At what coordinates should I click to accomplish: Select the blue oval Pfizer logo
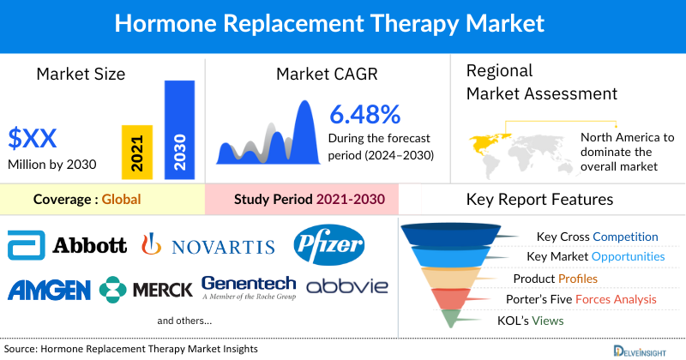coord(329,245)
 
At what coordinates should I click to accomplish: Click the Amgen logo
coord(48,289)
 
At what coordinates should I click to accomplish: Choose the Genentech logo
coord(249,287)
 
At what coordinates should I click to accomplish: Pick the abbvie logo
coord(346,286)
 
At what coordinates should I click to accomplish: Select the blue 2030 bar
coord(179,129)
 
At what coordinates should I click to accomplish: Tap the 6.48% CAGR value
coord(365,114)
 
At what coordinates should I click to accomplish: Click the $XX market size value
coord(33,136)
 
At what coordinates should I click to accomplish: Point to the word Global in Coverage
coord(121,200)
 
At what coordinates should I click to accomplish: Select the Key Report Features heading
coord(539,200)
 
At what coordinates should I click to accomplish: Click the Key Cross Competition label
coord(597,237)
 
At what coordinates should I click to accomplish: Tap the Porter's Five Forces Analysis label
coord(584,299)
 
